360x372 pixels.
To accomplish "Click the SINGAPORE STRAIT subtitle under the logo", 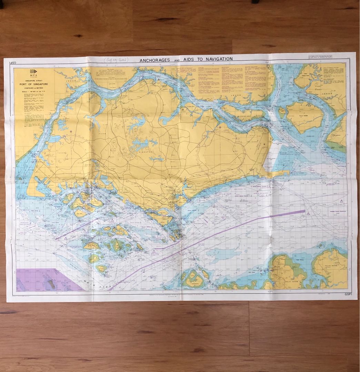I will pyautogui.click(x=34, y=80).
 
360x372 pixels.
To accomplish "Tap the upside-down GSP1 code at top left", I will pyautogui.click(x=10, y=62).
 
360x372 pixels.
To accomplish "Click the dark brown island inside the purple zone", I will pyautogui.click(x=51, y=284).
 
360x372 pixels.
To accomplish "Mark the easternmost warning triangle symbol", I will pyautogui.click(x=341, y=201).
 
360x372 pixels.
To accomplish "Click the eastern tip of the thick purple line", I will pyautogui.click(x=304, y=211).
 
